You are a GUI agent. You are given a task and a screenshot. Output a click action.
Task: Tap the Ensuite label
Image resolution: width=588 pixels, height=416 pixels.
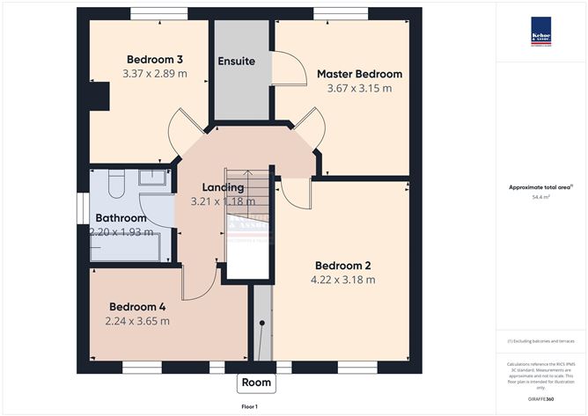(237, 62)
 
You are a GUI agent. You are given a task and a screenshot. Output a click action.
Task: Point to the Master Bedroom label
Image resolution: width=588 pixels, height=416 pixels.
(359, 74)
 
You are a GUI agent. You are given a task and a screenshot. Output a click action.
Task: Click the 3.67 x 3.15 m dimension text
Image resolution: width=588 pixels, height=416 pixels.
(359, 88)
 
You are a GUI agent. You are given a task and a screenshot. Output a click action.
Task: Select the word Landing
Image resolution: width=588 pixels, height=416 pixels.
(223, 187)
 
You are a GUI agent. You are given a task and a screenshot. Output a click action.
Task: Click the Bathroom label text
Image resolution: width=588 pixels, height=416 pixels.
(121, 218)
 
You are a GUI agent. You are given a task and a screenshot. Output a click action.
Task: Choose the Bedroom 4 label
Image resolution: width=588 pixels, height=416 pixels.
(137, 306)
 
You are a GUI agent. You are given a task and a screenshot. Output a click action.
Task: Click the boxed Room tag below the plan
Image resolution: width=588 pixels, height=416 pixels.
(256, 383)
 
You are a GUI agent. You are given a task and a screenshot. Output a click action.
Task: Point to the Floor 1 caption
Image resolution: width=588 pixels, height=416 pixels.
(255, 407)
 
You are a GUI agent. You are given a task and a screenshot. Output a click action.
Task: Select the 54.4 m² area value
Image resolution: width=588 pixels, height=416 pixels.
(540, 198)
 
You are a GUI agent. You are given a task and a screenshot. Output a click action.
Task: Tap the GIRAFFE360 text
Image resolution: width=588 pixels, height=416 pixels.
(540, 398)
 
